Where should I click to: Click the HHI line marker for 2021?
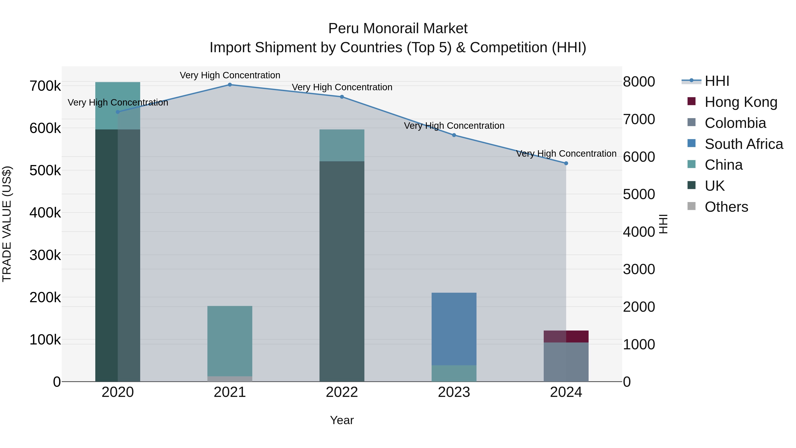pos(230,85)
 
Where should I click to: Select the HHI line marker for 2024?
pos(566,163)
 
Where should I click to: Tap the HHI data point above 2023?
pos(454,135)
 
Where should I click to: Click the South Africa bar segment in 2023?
pos(454,329)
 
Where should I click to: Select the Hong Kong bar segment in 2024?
pos(566,336)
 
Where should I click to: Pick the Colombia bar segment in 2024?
pos(566,362)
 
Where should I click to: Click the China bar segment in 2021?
pos(230,341)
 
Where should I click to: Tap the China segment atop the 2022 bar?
pos(342,145)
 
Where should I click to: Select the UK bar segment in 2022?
pos(342,271)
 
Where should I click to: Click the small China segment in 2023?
pos(454,373)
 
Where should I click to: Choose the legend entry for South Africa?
pos(743,144)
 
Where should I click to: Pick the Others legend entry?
pos(726,207)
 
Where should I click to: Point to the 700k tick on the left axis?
pos(45,86)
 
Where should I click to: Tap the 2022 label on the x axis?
pos(342,392)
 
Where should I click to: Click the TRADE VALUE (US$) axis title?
pos(7,224)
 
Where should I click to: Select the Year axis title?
pos(342,420)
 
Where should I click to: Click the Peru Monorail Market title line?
pos(398,29)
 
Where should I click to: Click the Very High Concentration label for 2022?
pos(342,87)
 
